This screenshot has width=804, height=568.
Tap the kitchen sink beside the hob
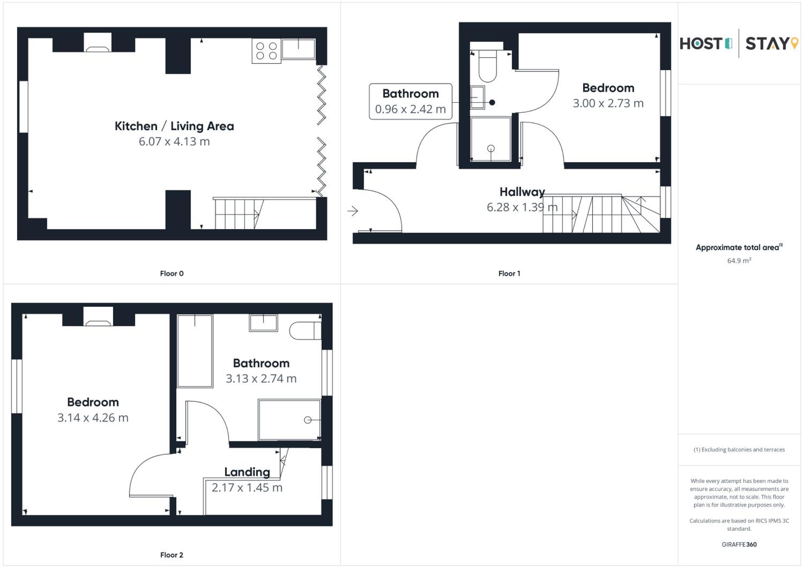[298, 49]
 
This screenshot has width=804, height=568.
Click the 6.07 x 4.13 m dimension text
[174, 141]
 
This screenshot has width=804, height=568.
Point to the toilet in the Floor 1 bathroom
[487, 66]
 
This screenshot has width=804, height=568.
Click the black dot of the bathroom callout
[492, 103]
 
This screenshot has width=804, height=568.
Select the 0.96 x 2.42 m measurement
[410, 109]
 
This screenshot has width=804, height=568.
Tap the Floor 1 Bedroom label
[608, 88]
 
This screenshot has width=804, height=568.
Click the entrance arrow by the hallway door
[353, 211]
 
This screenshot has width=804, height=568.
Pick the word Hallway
[522, 192]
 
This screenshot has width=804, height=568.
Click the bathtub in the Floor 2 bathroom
[195, 351]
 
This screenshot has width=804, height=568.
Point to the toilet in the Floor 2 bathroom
[305, 331]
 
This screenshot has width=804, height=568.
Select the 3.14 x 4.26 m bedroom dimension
[93, 418]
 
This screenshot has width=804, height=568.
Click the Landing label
[247, 472]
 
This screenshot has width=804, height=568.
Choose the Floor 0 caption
[172, 274]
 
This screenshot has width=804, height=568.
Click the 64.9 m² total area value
[739, 260]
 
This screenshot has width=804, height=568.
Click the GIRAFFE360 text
[739, 544]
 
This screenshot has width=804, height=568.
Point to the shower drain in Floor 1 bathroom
[491, 149]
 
